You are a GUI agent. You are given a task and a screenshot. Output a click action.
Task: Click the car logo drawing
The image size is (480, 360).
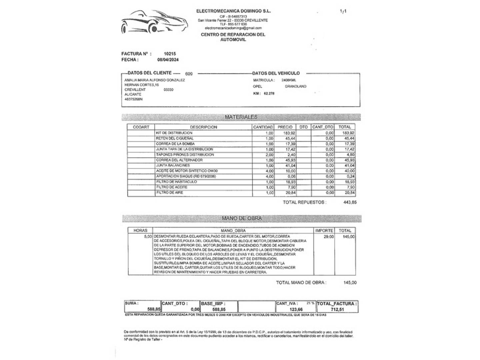click(152, 22)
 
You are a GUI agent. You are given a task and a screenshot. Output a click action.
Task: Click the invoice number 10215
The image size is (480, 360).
click(170, 54)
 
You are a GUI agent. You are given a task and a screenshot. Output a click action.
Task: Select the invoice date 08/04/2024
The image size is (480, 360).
click(168, 60)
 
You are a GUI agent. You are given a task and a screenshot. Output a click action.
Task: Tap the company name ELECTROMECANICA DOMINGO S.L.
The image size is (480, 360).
click(233, 11)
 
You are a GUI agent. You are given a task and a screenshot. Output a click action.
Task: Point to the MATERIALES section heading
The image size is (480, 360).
click(241, 117)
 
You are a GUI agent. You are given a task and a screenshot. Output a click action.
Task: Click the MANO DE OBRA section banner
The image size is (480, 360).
click(242, 218)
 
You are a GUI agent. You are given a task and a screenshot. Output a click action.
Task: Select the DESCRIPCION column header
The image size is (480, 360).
click(203, 127)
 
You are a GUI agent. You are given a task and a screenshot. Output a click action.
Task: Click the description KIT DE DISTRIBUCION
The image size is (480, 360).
click(174, 133)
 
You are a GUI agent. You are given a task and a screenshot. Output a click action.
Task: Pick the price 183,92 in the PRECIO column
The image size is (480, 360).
click(289, 133)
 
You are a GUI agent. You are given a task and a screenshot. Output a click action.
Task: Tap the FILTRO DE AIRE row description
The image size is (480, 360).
click(170, 193)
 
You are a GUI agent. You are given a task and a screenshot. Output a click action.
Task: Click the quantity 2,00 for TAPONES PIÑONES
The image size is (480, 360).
click(269, 155)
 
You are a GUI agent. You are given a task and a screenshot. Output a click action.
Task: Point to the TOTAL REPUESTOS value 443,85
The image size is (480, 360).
click(350, 202)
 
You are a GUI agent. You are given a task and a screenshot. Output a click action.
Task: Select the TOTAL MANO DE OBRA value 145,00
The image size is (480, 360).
click(350, 283)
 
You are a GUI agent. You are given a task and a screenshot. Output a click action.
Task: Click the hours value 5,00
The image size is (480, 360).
click(148, 237)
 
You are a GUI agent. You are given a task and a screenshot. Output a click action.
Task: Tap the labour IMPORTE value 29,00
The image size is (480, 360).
click(328, 237)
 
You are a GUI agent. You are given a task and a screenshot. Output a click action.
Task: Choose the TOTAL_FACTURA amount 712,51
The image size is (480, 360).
click(337, 309)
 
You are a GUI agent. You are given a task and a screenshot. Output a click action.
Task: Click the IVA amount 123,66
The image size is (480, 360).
click(296, 309)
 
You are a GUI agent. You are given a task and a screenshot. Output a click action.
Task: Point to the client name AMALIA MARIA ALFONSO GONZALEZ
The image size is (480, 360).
click(154, 80)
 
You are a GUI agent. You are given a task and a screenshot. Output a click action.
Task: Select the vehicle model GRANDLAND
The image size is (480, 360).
click(295, 86)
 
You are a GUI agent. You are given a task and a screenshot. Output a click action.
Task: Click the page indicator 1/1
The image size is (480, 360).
click(343, 11)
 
